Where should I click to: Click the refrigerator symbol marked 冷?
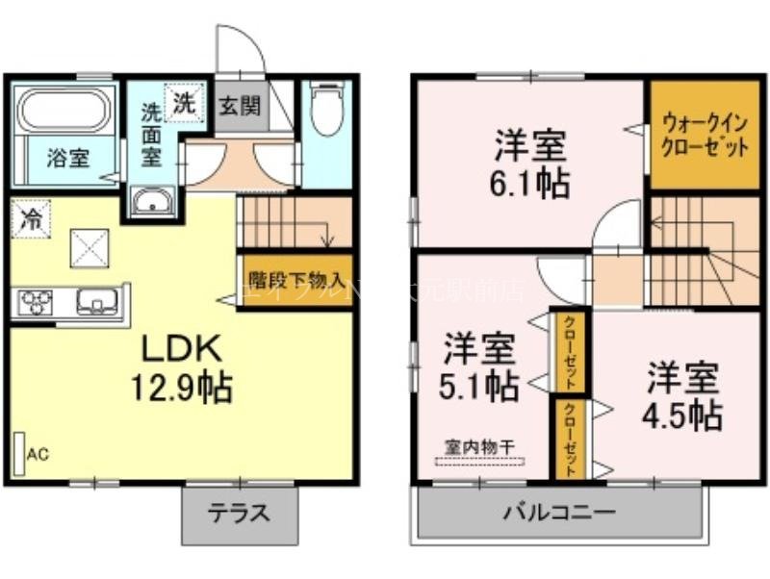click(29, 217)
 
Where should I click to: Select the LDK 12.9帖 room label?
click(185, 366)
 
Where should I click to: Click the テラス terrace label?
click(239, 513)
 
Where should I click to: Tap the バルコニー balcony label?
click(558, 513)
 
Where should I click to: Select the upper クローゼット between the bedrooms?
click(569, 351)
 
